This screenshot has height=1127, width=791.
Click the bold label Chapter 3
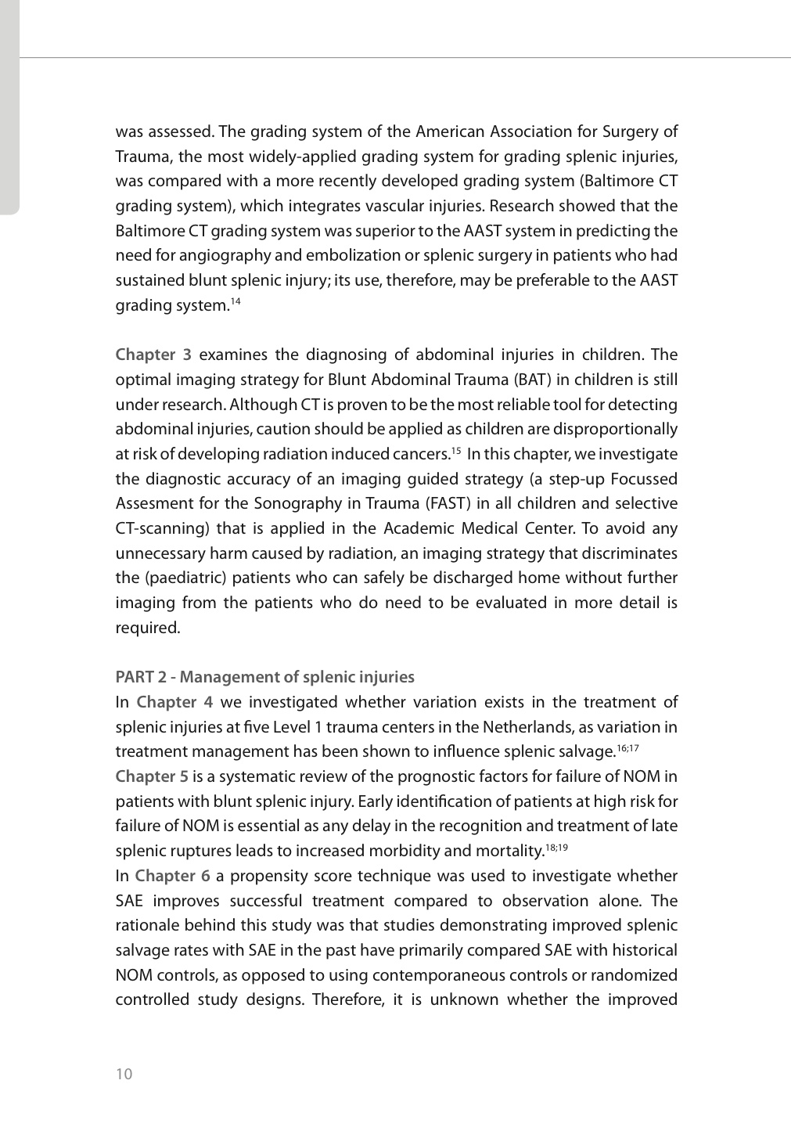pyautogui.click(x=153, y=355)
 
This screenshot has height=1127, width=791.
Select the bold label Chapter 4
pyautogui.click(x=174, y=703)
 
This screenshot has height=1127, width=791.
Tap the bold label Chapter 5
pyautogui.click(x=152, y=777)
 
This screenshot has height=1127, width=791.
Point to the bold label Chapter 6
pyautogui.click(x=172, y=877)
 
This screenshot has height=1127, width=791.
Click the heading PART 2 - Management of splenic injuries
pyautogui.click(x=264, y=678)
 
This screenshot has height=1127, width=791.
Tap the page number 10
pyautogui.click(x=124, y=1074)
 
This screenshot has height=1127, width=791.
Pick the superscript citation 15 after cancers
pyautogui.click(x=455, y=451)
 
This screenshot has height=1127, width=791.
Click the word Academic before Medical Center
pyautogui.click(x=426, y=529)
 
